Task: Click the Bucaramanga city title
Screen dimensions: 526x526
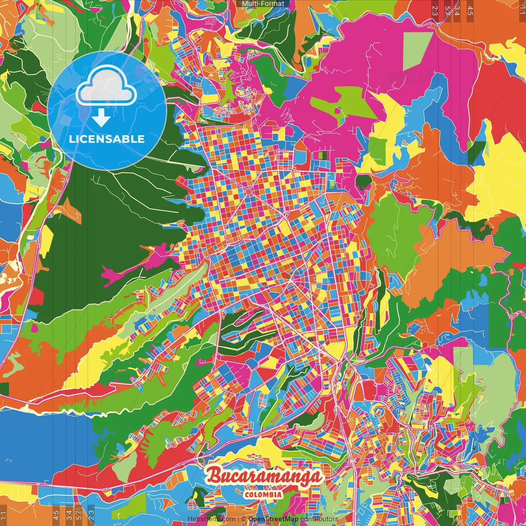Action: coord(264,476)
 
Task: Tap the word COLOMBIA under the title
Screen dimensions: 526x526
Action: coord(263,494)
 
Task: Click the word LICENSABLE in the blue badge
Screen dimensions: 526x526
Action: coord(107,139)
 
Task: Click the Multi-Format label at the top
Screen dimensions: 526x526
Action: coord(263,4)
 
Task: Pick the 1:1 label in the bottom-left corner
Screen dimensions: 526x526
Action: coord(4,515)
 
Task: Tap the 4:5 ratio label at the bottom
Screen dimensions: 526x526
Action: coord(56,515)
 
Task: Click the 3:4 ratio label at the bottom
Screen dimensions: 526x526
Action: coord(69,515)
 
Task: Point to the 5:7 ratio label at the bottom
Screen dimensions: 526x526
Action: coord(79,515)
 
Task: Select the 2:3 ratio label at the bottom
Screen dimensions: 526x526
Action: coord(91,515)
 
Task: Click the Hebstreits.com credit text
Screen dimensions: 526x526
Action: coord(212,519)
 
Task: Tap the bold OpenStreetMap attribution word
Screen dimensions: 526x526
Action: coord(273,519)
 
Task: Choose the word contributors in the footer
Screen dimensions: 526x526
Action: coord(319,519)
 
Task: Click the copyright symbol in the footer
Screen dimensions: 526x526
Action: coord(243,519)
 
